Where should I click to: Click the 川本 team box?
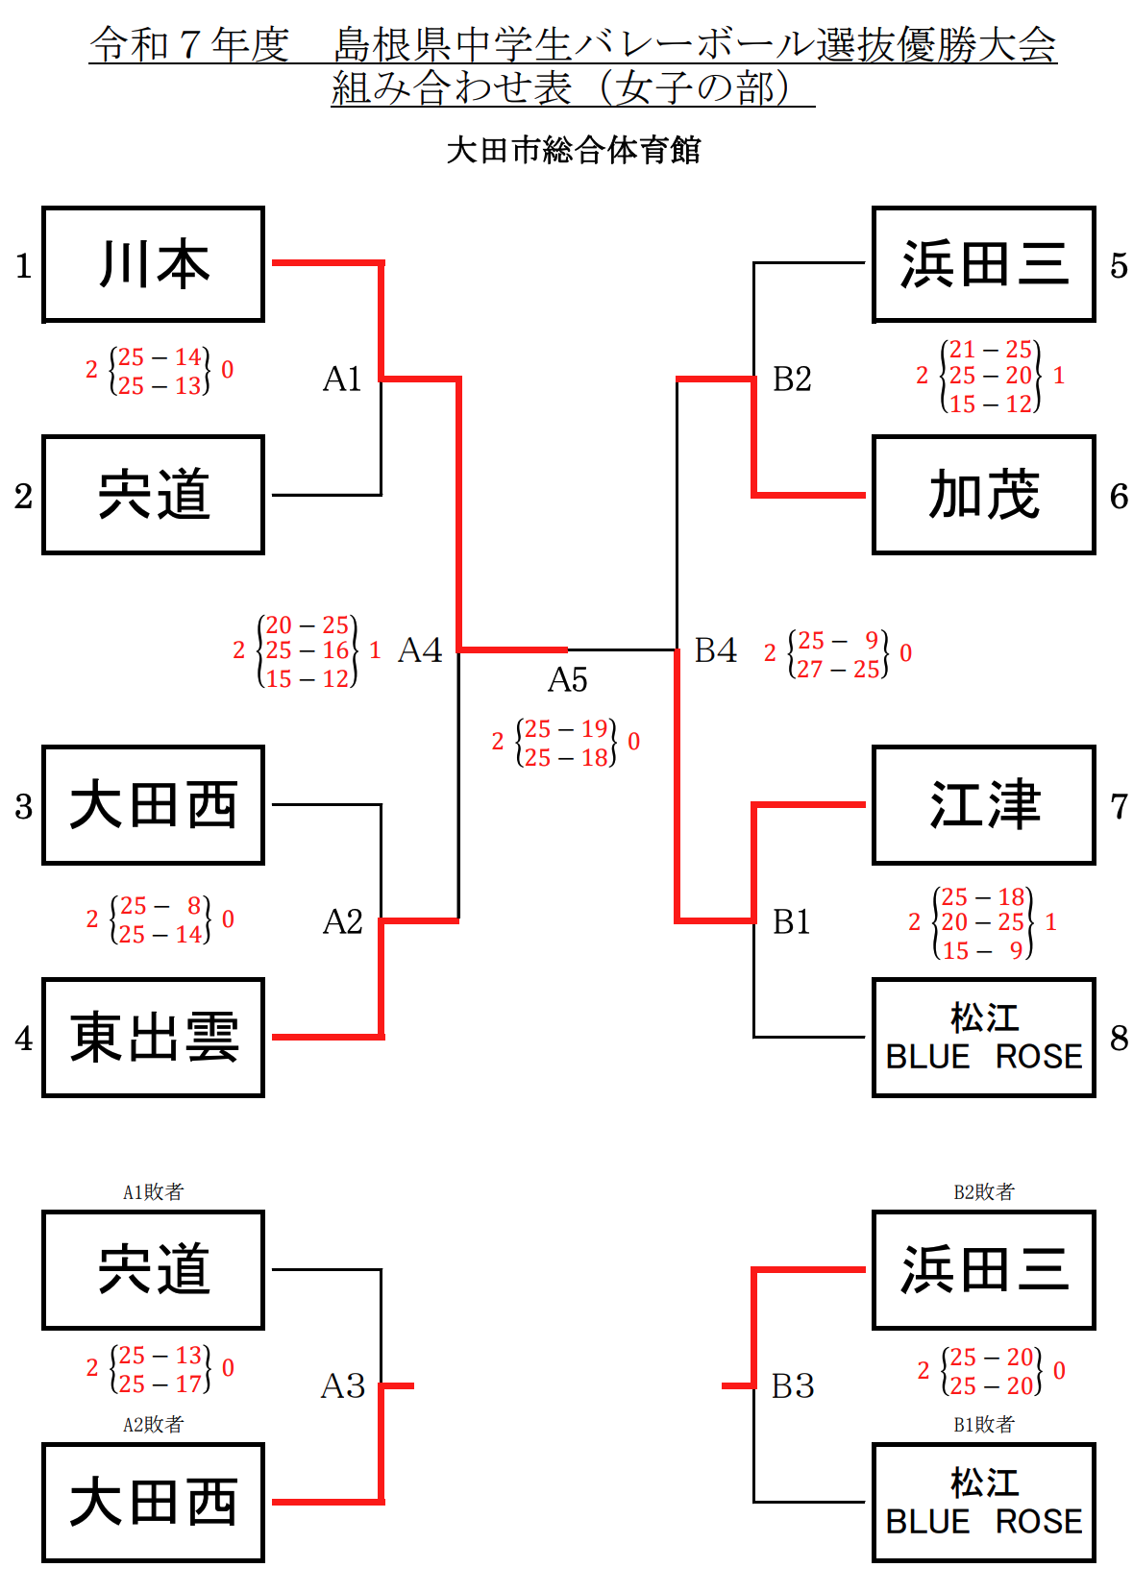point(153,264)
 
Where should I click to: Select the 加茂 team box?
point(983,495)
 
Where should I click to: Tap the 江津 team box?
point(983,805)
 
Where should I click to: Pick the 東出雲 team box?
point(153,1038)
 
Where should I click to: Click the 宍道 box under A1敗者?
point(153,1269)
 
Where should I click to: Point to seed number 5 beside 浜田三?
point(1119,265)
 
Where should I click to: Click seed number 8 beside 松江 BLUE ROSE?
point(1119,1038)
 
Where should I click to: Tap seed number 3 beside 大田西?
point(24,806)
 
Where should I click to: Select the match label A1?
point(342,380)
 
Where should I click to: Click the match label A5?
point(567,680)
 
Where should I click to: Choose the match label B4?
point(716,650)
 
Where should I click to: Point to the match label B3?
point(793,1385)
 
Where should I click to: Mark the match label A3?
point(343,1385)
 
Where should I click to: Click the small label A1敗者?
point(153,1191)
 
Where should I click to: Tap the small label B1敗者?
point(983,1424)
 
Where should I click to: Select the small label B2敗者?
point(983,1191)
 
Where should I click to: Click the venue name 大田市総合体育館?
point(574,150)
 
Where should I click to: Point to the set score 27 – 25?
point(838,669)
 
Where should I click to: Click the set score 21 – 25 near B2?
point(990,349)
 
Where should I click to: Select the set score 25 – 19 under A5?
point(566,729)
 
